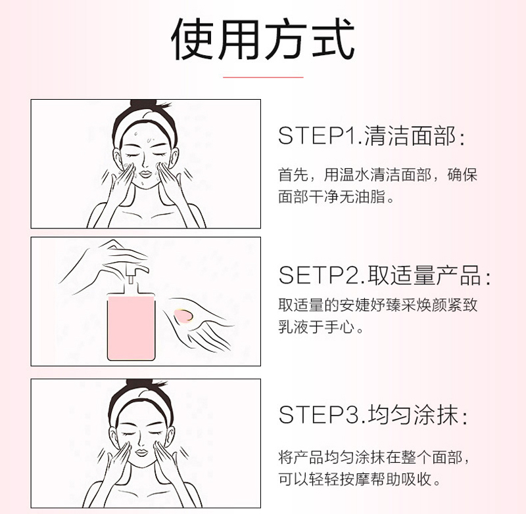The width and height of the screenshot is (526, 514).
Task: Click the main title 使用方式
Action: point(263,39)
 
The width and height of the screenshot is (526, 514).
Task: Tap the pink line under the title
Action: point(264,77)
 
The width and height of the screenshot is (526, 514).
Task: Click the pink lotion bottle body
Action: point(131,328)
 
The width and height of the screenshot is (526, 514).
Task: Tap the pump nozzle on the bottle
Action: point(134,270)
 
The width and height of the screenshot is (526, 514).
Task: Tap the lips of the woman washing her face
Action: point(146,174)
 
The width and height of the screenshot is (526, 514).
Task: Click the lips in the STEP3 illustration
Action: point(141,453)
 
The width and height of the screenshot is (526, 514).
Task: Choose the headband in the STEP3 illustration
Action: point(140,402)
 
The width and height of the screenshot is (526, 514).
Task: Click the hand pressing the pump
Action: point(107,265)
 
